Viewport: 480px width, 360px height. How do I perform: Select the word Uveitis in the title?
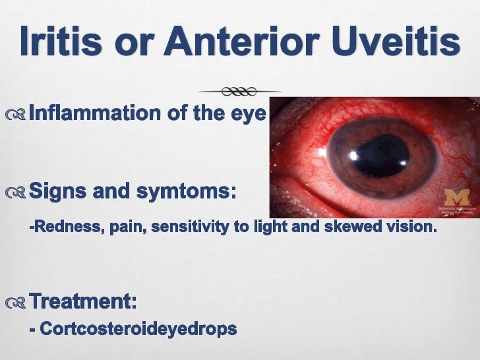(x=402, y=44)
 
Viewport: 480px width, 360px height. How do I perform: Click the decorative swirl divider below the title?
(x=239, y=90)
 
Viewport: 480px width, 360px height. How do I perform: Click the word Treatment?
(x=83, y=302)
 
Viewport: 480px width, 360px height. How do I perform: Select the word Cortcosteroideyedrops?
(x=138, y=328)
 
